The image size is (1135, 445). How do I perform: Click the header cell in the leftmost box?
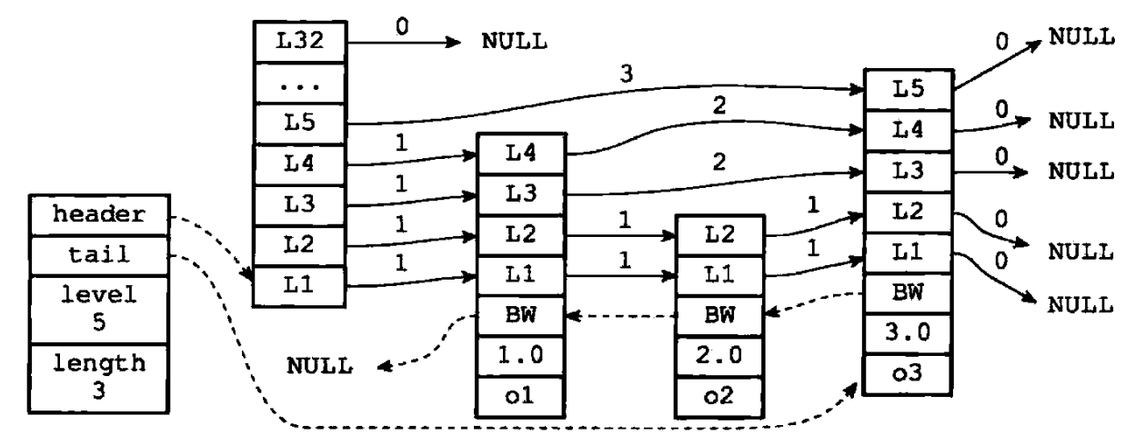point(99,215)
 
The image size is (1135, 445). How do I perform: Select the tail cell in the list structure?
point(99,255)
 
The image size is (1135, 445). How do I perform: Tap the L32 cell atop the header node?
point(299,42)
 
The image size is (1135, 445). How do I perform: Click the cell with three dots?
point(299,84)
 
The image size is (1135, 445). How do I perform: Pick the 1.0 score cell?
point(520,356)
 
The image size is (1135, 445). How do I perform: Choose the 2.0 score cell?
point(719,356)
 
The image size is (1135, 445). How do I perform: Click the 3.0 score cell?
point(908,333)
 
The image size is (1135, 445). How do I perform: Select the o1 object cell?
point(520,396)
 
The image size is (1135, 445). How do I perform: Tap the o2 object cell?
point(719,396)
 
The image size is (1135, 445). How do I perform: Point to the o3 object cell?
point(908,374)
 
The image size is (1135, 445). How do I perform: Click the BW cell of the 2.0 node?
point(719,316)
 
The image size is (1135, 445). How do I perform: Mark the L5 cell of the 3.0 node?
point(908,90)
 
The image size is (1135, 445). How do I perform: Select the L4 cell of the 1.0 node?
point(520,153)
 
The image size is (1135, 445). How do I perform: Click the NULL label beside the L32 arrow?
point(515,42)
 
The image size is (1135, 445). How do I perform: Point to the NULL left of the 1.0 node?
point(319,366)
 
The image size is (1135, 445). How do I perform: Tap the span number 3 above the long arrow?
point(627,74)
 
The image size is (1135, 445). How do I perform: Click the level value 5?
point(99,322)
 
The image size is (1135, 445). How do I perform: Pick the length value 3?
point(99,391)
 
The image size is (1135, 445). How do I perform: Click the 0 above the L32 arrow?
point(402,26)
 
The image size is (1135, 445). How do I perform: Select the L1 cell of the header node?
point(299,286)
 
